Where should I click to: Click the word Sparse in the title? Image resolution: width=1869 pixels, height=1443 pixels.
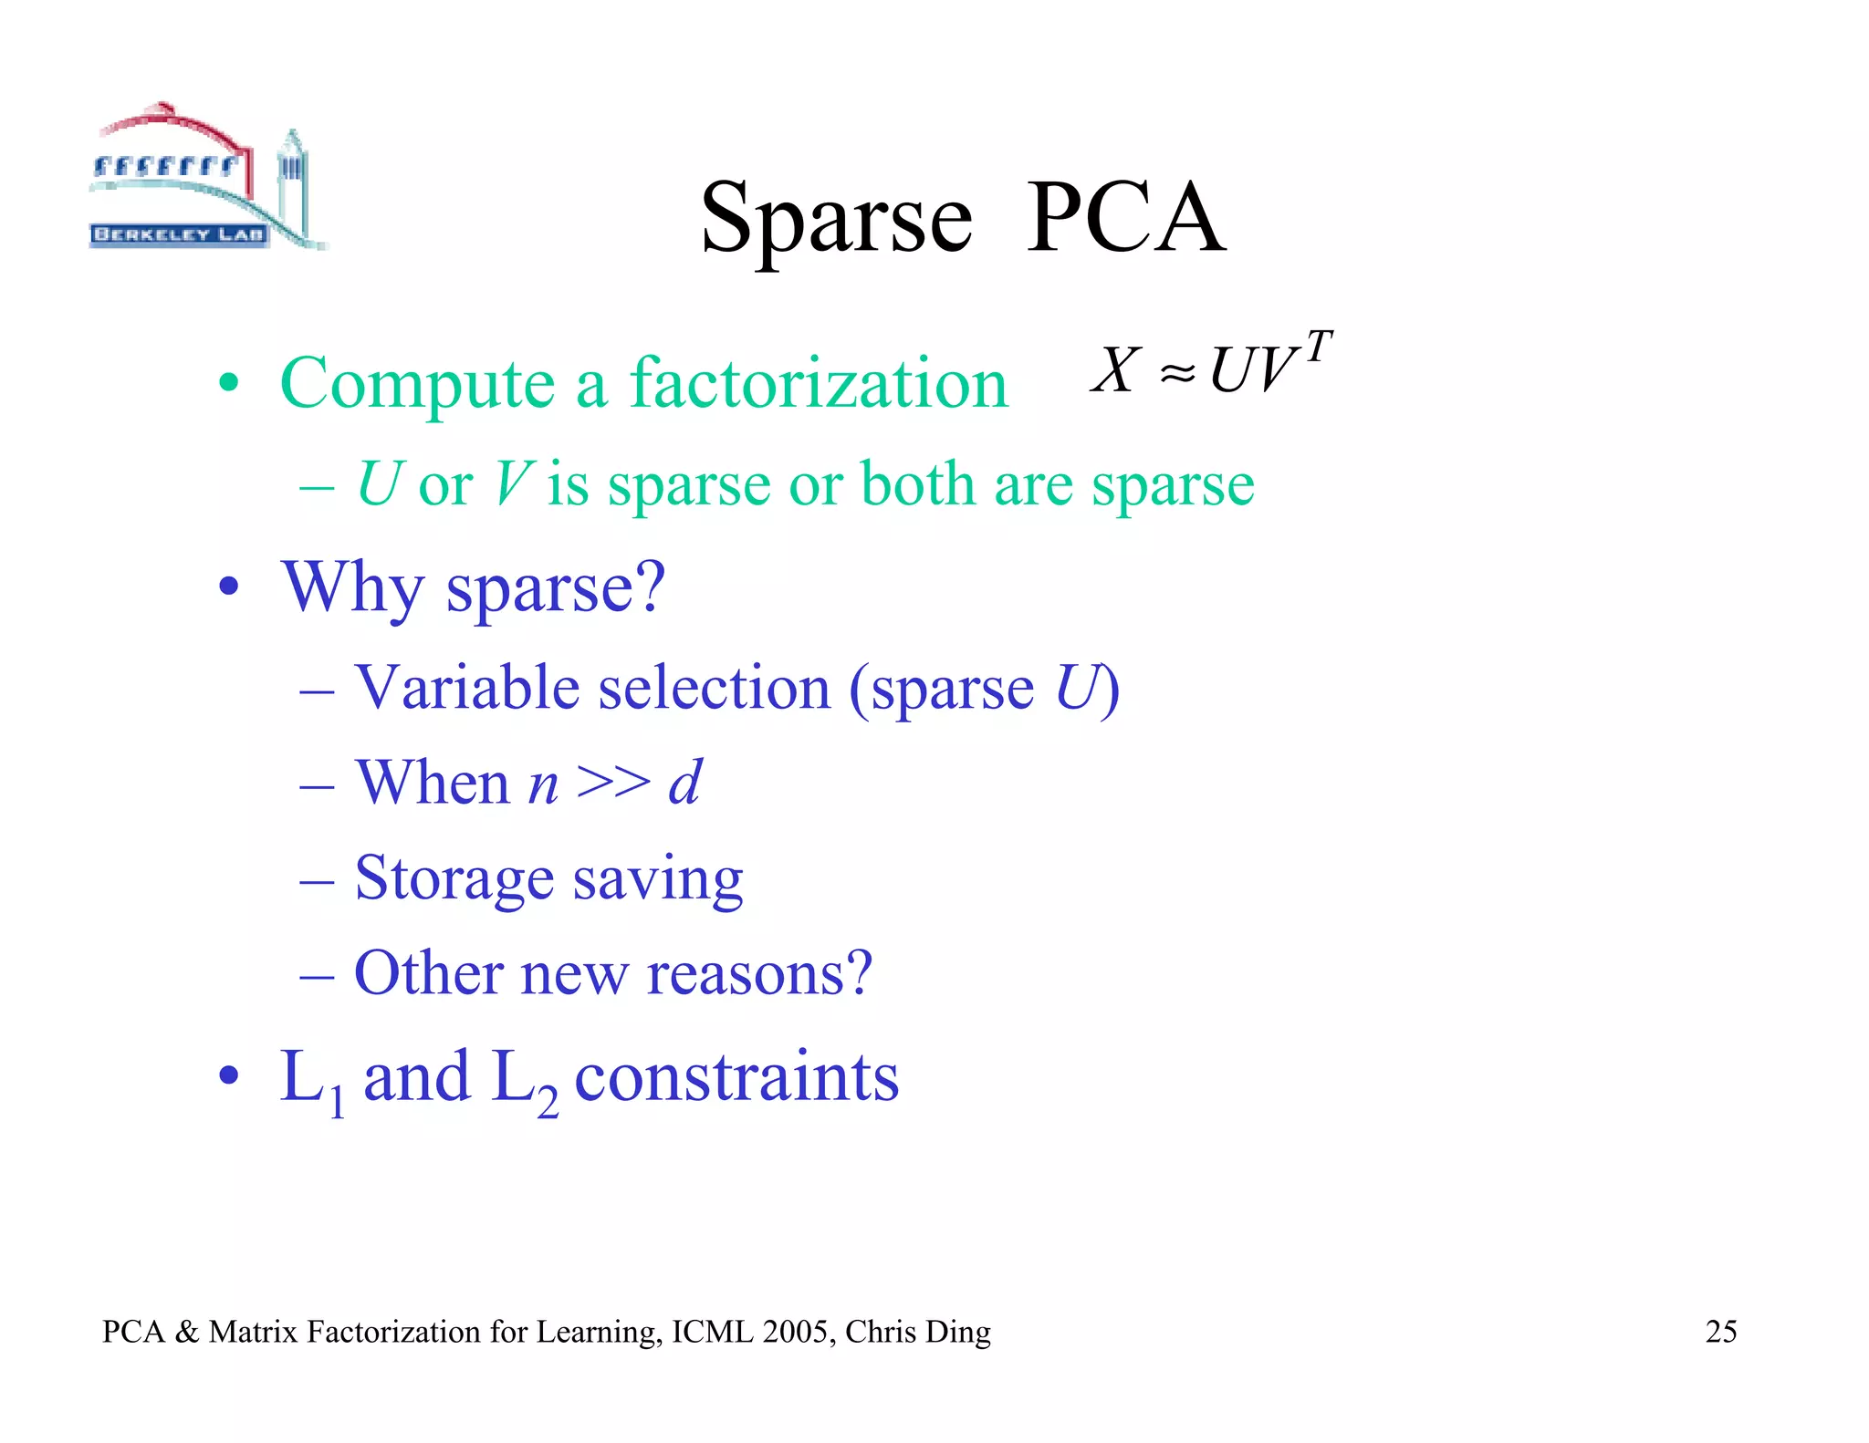[x=836, y=219]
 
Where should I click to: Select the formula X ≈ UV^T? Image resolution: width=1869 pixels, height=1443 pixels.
[x=1211, y=365]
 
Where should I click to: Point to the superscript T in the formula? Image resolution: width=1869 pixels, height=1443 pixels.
[x=1319, y=346]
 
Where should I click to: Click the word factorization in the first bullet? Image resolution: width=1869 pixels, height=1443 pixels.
[x=819, y=383]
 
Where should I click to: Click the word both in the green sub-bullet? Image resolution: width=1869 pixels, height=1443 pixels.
[x=917, y=483]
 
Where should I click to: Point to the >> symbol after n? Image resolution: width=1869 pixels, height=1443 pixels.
[x=613, y=783]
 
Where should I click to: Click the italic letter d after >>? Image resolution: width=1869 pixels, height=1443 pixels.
[x=684, y=783]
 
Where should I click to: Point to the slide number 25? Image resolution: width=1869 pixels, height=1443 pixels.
[x=1721, y=1332]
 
